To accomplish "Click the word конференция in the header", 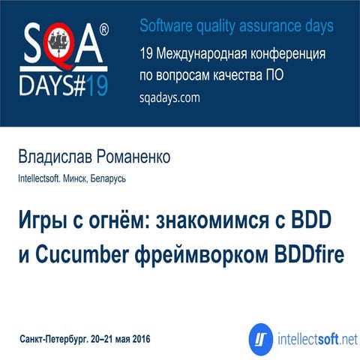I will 286,55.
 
